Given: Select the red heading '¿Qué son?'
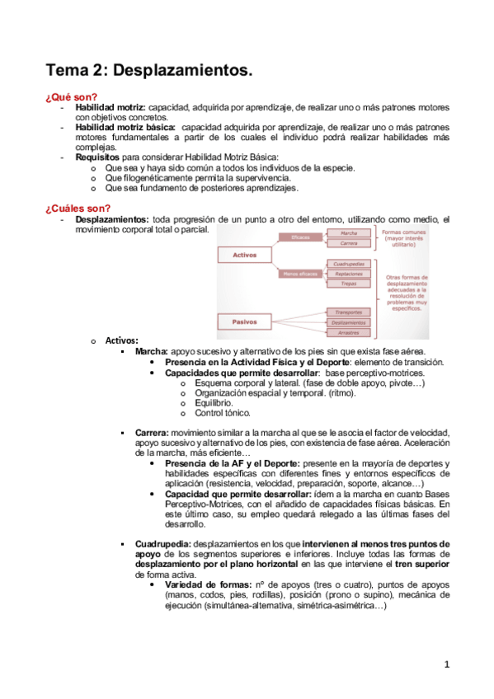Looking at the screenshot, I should point(72,97).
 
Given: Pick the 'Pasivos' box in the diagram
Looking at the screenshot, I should point(245,322).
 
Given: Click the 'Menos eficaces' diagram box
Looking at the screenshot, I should point(302,273).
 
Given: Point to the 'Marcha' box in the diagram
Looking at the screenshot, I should point(349,233).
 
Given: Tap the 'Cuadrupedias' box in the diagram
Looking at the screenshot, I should point(349,263).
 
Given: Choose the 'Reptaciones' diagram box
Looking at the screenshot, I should point(349,273).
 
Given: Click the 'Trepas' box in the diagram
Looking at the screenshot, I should point(349,283).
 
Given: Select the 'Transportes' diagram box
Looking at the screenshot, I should point(349,312).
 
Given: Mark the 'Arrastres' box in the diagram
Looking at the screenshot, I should point(349,332).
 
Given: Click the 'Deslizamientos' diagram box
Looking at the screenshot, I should point(349,322).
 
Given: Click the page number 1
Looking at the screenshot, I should point(446,664).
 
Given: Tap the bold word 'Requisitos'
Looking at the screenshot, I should point(97,157).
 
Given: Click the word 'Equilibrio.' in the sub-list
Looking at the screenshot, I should point(214,403).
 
